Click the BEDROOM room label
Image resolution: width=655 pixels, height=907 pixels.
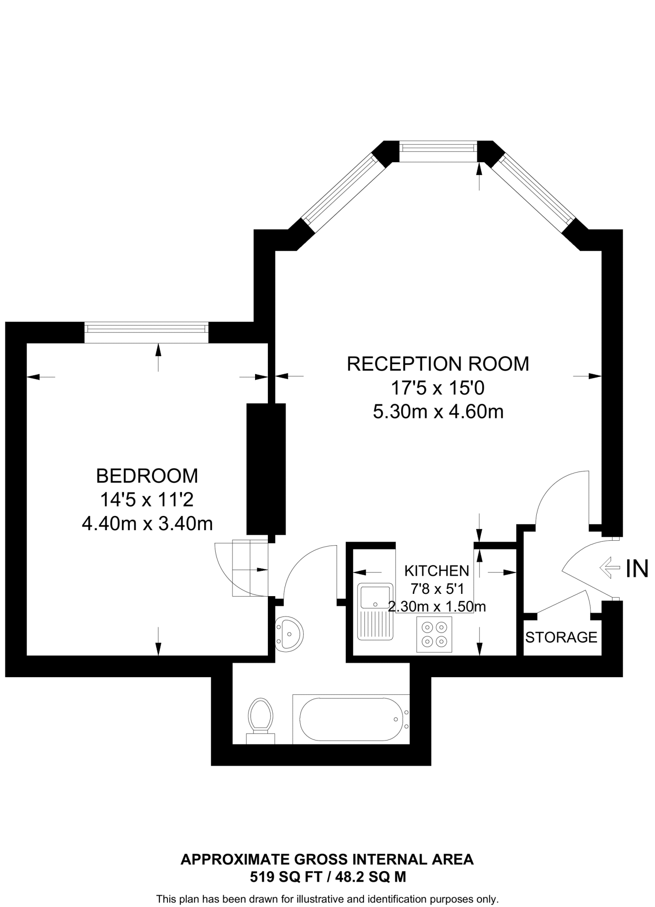point(147,476)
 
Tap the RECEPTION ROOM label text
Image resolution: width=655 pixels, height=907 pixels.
point(438,364)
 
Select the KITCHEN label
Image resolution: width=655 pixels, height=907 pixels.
point(436,570)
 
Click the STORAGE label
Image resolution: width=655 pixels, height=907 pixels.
point(561,637)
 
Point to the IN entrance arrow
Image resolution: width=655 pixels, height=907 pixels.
point(609,568)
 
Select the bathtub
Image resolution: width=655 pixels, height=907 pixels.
point(351,719)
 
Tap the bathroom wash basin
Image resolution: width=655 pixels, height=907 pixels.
point(290,634)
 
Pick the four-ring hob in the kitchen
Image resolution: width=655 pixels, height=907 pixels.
point(434,634)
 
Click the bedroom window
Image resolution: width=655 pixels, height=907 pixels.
point(147,328)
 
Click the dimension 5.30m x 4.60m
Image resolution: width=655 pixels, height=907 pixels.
point(438,412)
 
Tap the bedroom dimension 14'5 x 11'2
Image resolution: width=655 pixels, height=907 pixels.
point(147,500)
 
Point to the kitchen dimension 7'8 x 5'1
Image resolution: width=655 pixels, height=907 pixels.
point(436,589)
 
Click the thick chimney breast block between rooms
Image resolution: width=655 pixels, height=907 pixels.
point(266,469)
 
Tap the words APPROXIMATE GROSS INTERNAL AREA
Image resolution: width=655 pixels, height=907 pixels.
point(327,860)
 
